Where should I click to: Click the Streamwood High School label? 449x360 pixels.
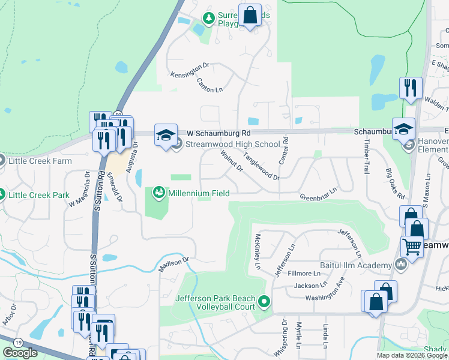coord(233,144)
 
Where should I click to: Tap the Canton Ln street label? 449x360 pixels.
coord(210,86)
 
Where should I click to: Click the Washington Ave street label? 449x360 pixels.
coord(325,289)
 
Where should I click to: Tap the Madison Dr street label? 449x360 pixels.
coord(173,264)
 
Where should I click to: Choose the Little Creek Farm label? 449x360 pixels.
coord(40,161)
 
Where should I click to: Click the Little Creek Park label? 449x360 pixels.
coord(40,195)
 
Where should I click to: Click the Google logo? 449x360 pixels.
coord(20,353)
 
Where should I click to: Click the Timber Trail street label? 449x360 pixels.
coord(366,157)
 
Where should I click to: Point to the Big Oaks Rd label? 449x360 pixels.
coord(396,186)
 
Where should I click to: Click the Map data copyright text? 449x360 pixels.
coord(411,355)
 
